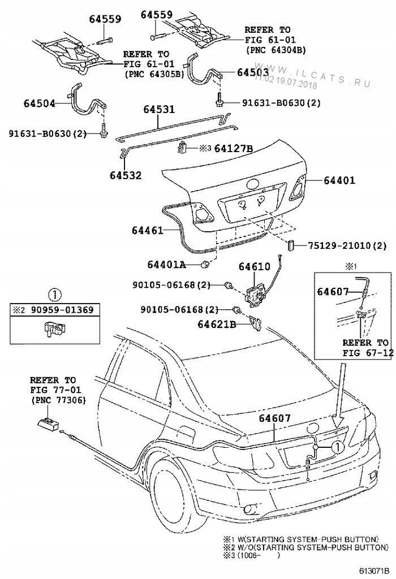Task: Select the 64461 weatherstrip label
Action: tap(148, 230)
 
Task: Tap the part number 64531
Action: tap(158, 110)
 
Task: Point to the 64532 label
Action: tap(125, 176)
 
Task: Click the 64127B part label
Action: tap(231, 149)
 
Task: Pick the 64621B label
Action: tap(217, 324)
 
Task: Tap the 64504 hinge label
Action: tap(40, 103)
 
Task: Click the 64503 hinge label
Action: tap(253, 73)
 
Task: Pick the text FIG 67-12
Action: tap(365, 352)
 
